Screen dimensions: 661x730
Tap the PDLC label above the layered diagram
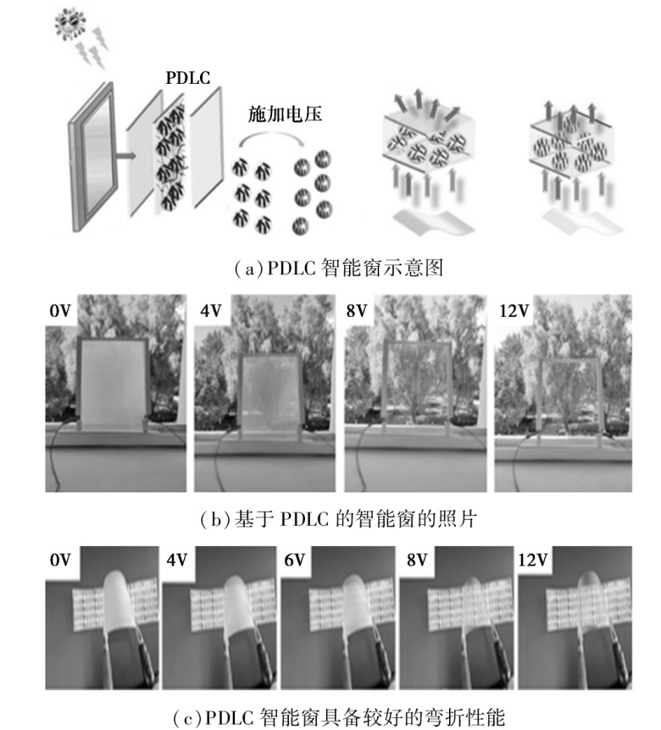point(188,78)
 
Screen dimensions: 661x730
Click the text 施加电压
point(285,114)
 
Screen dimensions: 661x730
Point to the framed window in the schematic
point(92,156)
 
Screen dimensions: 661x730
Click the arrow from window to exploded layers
point(125,156)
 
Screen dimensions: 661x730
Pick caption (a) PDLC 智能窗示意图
point(339,268)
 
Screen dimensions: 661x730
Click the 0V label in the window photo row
point(60,311)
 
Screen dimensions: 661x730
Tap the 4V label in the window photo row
point(210,311)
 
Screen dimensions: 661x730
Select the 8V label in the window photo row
point(357,311)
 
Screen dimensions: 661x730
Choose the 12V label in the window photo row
point(514,311)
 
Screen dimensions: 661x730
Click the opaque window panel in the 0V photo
point(113,384)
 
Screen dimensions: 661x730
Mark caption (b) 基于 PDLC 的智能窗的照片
point(339,519)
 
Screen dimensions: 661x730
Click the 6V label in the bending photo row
point(294,560)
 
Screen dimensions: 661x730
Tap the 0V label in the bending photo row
point(60,560)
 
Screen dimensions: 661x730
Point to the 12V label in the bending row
point(533,560)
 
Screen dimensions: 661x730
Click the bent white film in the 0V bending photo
point(118,600)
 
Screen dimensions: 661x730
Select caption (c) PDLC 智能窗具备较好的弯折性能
point(339,717)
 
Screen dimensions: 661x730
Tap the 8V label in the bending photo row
point(417,560)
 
